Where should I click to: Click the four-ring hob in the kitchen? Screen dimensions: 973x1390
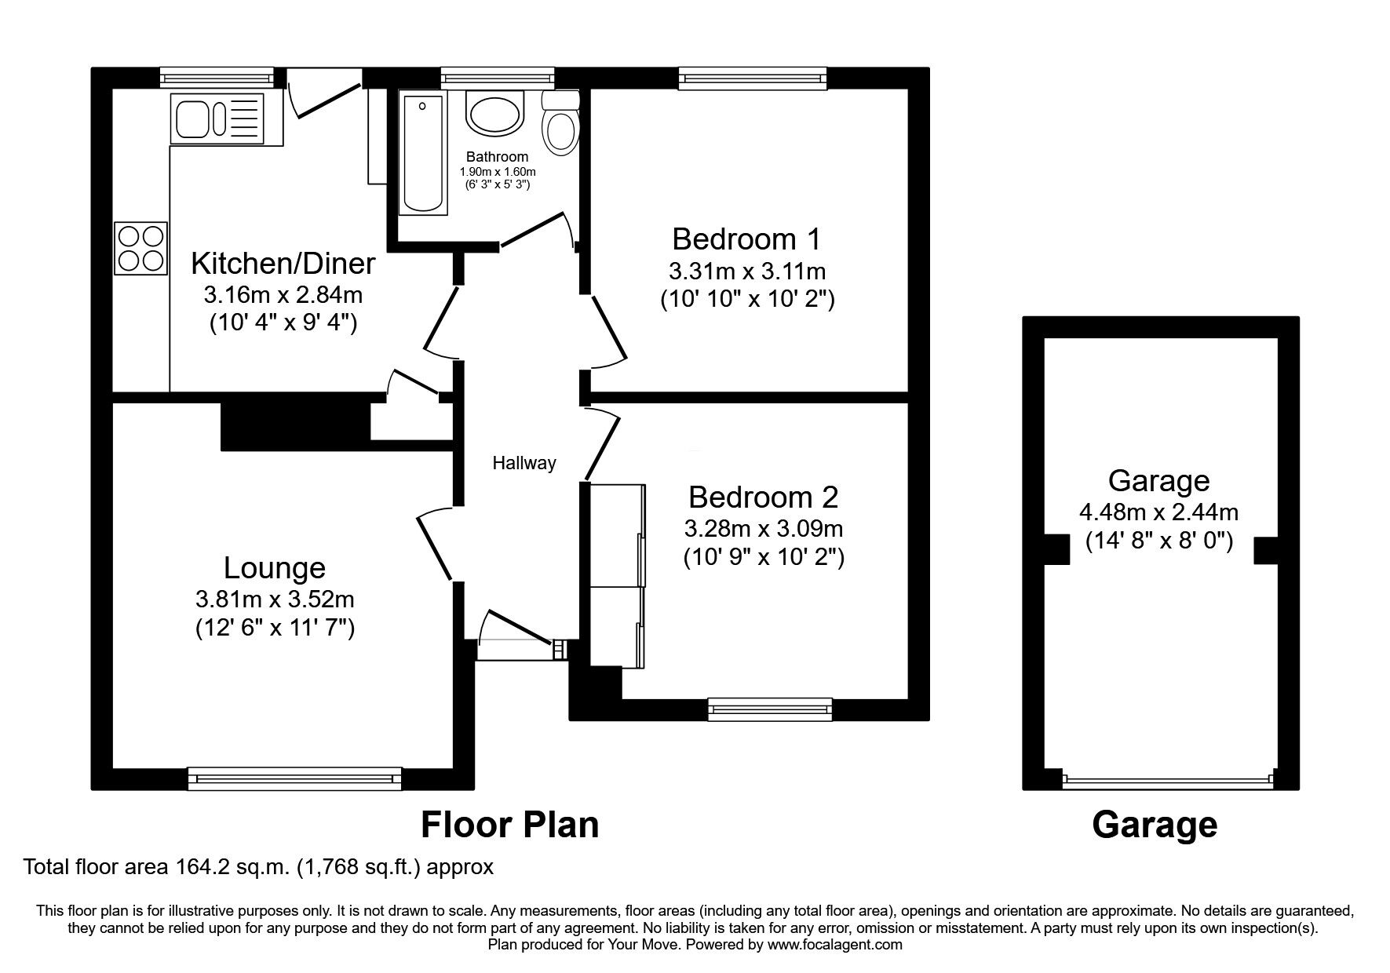(x=141, y=248)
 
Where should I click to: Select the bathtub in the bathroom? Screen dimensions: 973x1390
(x=423, y=152)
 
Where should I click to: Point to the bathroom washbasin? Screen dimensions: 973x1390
(x=494, y=112)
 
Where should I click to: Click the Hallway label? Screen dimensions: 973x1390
(x=524, y=463)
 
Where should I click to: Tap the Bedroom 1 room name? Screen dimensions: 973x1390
(x=746, y=238)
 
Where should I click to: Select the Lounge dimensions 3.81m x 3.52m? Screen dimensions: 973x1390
(x=275, y=599)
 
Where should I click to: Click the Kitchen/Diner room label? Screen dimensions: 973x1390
(x=283, y=263)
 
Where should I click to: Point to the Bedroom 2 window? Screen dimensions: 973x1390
(x=769, y=709)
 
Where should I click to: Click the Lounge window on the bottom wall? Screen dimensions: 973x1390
(x=294, y=778)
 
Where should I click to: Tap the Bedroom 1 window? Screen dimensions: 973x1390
(x=752, y=78)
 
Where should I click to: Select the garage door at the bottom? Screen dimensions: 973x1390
(x=1166, y=781)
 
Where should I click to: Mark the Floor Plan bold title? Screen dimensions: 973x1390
(x=509, y=825)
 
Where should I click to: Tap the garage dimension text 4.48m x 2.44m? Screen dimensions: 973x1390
(x=1158, y=512)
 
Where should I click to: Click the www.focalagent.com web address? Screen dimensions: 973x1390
(x=834, y=945)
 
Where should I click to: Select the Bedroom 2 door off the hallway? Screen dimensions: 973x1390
(x=602, y=443)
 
